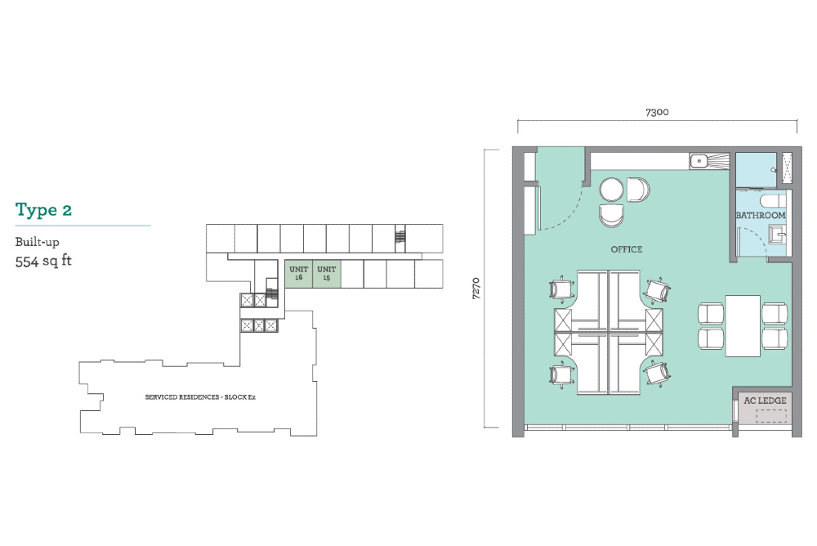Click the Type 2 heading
click(43, 209)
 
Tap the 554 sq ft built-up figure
click(43, 261)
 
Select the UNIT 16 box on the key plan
click(298, 273)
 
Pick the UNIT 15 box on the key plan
click(327, 273)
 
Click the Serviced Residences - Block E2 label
click(200, 397)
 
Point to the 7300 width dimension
click(657, 112)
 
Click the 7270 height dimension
click(475, 289)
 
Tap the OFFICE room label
click(627, 249)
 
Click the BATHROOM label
click(760, 215)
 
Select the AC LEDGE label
click(765, 401)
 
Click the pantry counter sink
click(699, 161)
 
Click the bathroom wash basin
click(778, 235)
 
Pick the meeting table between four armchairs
click(743, 326)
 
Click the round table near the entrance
click(611, 190)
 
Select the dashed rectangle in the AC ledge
click(771, 415)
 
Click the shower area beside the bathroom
click(757, 169)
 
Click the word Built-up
click(37, 242)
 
